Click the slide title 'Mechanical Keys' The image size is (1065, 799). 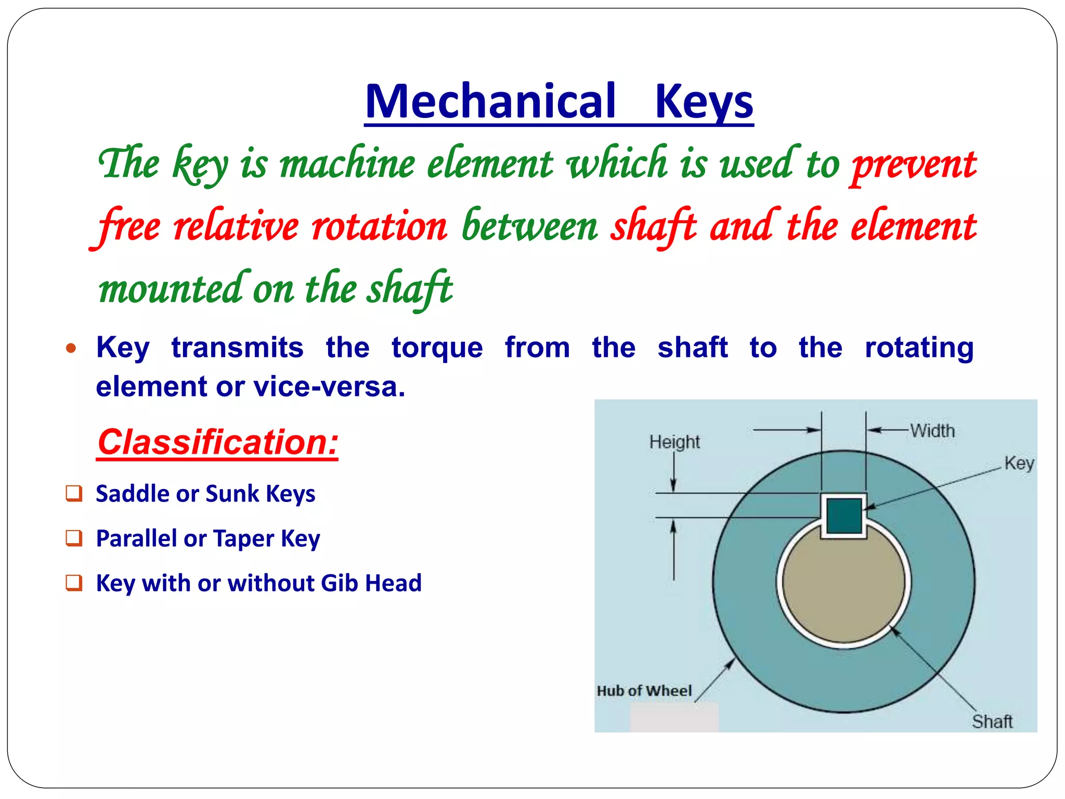[x=559, y=101]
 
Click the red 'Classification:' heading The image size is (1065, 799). [x=218, y=442]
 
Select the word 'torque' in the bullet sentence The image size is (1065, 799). [x=437, y=348]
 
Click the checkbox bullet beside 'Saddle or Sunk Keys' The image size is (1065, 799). [x=74, y=493]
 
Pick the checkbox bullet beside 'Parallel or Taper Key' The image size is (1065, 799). [x=74, y=538]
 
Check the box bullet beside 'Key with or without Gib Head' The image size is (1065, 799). [x=74, y=583]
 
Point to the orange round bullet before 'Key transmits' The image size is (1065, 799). [x=71, y=348]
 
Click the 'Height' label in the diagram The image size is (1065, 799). [x=674, y=442]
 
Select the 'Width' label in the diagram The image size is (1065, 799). [x=932, y=431]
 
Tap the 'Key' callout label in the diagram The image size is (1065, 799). [x=1019, y=463]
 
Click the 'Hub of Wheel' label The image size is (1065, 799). [x=644, y=691]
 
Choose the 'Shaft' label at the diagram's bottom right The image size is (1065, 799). [x=992, y=721]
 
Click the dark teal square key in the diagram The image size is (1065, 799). [x=844, y=516]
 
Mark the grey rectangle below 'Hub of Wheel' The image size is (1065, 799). [x=674, y=718]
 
